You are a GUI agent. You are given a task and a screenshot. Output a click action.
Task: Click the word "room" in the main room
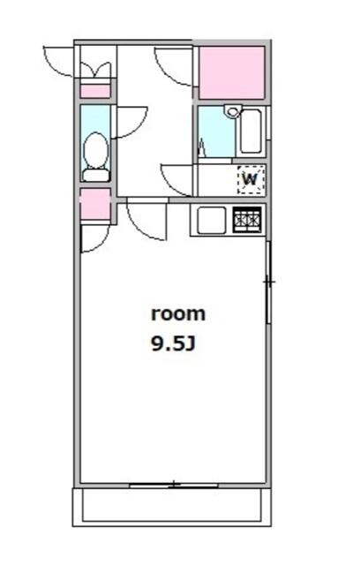[178, 314]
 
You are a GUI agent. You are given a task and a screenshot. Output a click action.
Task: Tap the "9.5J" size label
[174, 344]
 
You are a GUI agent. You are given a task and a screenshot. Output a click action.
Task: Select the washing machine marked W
[251, 179]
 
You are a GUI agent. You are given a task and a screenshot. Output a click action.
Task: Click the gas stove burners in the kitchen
[247, 220]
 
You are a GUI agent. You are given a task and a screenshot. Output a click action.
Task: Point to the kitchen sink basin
[211, 220]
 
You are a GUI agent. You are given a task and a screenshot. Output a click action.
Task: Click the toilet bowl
[95, 150]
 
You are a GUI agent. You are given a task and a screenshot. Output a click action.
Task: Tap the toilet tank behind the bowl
[96, 175]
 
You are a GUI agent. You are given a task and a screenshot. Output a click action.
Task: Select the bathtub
[251, 132]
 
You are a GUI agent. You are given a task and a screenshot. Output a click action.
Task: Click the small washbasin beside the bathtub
[232, 111]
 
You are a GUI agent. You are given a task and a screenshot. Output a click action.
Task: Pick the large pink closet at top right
[232, 72]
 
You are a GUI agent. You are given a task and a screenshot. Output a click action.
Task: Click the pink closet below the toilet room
[95, 204]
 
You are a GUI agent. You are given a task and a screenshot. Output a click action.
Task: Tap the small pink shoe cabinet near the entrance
[95, 91]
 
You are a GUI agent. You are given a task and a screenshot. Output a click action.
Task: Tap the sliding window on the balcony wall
[174, 485]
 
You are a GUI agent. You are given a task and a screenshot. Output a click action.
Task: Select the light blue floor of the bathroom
[216, 132]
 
